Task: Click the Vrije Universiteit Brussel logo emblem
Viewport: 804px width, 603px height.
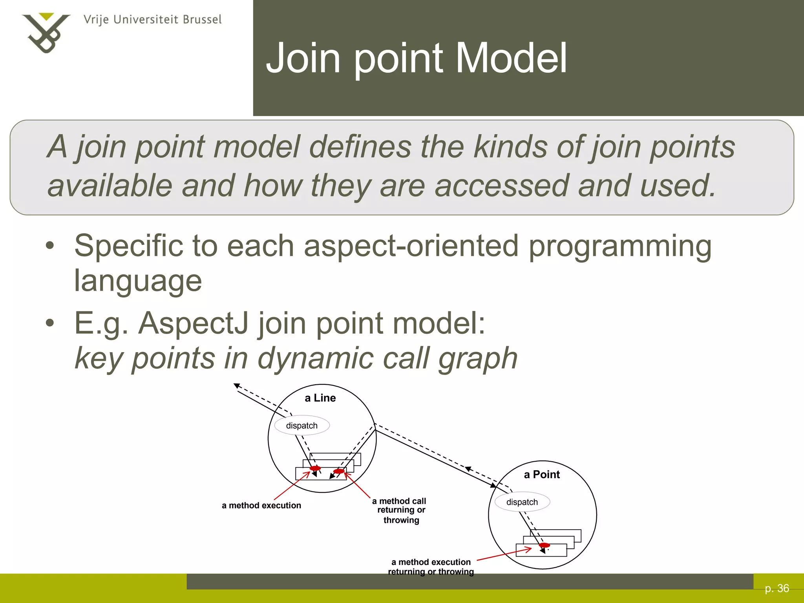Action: [x=46, y=33]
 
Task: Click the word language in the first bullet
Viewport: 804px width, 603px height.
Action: [x=138, y=281]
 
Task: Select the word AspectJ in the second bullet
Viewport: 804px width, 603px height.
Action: [x=194, y=323]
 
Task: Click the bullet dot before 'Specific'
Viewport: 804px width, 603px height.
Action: [x=49, y=246]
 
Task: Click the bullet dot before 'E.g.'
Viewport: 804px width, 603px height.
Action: [x=49, y=323]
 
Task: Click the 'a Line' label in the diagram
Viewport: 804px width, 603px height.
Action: [x=320, y=398]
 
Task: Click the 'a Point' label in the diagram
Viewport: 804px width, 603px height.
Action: [x=542, y=475]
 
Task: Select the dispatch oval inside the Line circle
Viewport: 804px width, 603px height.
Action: [x=301, y=426]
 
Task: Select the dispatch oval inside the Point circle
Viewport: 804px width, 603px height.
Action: [x=522, y=502]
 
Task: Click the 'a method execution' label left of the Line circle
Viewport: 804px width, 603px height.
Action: [x=261, y=506]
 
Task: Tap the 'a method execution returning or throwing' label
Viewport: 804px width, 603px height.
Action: [x=431, y=567]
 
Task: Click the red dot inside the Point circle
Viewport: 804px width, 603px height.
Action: [x=544, y=545]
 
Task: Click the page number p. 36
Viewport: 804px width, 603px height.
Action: [x=777, y=588]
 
